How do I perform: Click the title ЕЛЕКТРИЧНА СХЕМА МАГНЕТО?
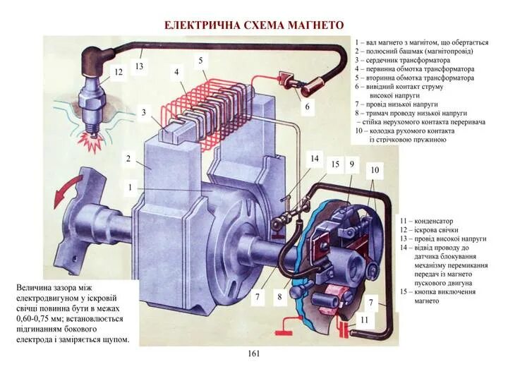254,25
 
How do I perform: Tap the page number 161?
254,353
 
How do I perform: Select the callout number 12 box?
119,72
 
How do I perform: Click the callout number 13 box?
140,66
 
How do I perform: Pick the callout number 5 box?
201,61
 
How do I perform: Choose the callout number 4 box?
176,71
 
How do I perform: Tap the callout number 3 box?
143,112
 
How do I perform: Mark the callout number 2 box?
128,159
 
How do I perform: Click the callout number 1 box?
131,188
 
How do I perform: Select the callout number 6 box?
307,107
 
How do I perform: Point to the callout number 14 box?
315,159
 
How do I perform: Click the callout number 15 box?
335,164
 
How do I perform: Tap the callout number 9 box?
351,164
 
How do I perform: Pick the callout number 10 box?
374,170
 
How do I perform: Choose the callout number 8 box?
279,297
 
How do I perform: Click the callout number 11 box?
364,320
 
